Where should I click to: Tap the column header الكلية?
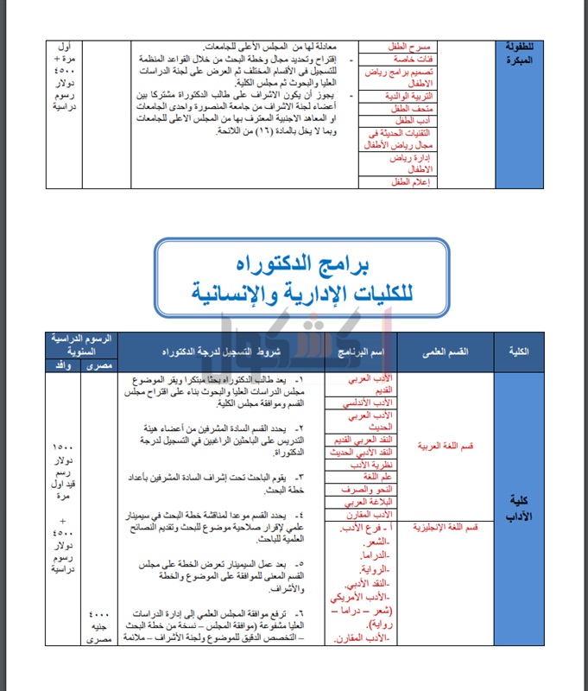coord(521,352)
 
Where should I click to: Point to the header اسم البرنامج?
coord(359,353)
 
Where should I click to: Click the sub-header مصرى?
coord(98,366)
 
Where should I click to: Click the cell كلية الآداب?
coord(521,509)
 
